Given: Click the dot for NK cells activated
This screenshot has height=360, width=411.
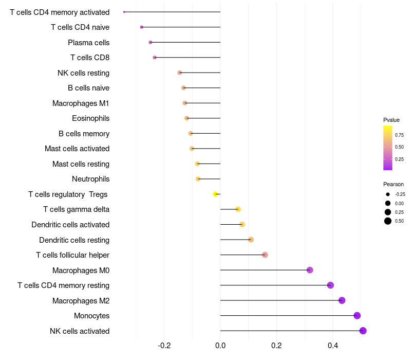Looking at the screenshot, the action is pos(363,331).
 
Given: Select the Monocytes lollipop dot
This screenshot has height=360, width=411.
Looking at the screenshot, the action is pos(357,316).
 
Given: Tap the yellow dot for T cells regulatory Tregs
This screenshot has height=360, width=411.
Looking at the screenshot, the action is pos(215,194).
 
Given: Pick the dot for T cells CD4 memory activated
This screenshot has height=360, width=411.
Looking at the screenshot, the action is pos(124,12).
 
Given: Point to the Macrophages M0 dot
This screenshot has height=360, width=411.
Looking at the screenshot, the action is pos(310,270).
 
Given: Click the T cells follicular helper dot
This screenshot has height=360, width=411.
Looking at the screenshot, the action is pos(265,255).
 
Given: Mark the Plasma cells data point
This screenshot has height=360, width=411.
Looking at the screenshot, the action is pos(150,42).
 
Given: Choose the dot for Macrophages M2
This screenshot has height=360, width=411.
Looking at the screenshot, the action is pos(342,300).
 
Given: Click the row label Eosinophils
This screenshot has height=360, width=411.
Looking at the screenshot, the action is pos(91,118).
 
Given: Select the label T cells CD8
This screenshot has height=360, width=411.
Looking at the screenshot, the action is pos(90,58).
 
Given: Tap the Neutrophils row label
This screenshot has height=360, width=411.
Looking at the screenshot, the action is pos(91,179).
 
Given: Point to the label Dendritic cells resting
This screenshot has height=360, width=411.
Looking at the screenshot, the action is pos(74,240).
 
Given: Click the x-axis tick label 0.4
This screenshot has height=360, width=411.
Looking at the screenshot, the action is pos(332,345).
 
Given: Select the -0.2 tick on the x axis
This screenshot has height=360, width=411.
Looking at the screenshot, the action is pos(164,345).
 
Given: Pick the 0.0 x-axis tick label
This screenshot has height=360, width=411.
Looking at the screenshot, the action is pos(220,345).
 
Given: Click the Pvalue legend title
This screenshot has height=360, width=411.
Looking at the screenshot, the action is pos(391,120).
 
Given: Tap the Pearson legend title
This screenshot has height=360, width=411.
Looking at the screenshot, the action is pos(394,184).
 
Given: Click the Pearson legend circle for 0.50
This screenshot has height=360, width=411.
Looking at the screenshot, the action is pos(388,221).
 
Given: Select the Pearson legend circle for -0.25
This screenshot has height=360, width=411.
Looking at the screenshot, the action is pos(388,194).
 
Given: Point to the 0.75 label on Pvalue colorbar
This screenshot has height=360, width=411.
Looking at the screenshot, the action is pos(399,135).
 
